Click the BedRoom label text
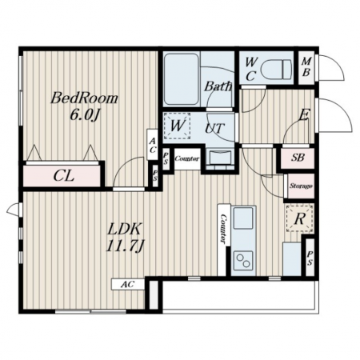click(84, 98)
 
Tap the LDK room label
click(124, 229)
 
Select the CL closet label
click(63, 176)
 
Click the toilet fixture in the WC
click(276, 69)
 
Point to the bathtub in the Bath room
click(181, 79)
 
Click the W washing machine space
click(177, 126)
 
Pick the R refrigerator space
click(299, 218)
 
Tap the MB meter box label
click(306, 67)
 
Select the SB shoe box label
click(298, 158)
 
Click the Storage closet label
click(301, 186)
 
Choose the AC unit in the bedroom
click(152, 145)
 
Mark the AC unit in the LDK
click(128, 284)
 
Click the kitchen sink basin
click(243, 218)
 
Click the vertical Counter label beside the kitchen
click(223, 230)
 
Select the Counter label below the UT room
click(187, 158)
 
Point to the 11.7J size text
click(125, 246)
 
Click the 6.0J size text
click(85, 115)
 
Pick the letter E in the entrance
click(303, 116)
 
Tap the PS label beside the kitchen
click(310, 258)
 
